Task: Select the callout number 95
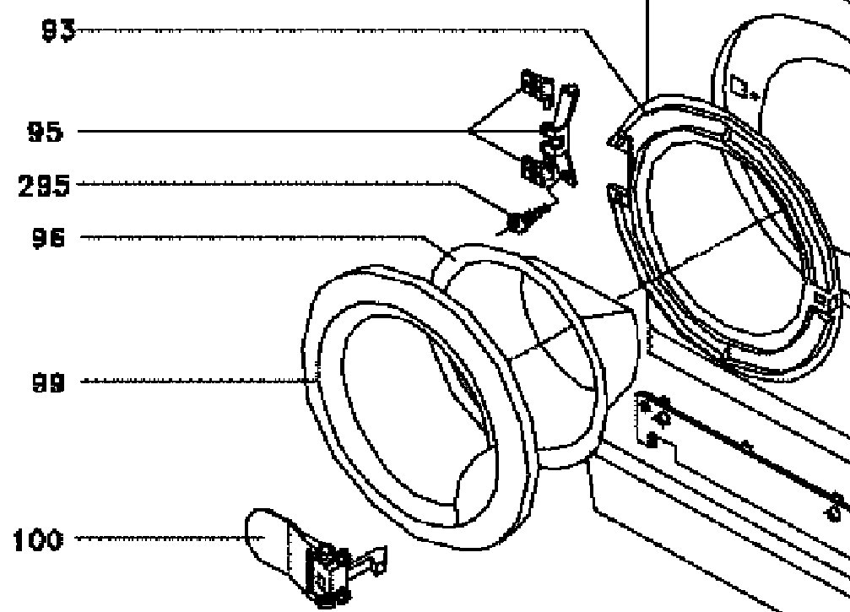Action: (x=45, y=133)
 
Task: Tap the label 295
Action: (x=45, y=186)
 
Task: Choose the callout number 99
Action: (x=47, y=382)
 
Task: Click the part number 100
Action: (x=38, y=540)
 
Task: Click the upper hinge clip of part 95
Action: (x=536, y=86)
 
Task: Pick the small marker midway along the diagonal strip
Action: (x=746, y=445)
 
